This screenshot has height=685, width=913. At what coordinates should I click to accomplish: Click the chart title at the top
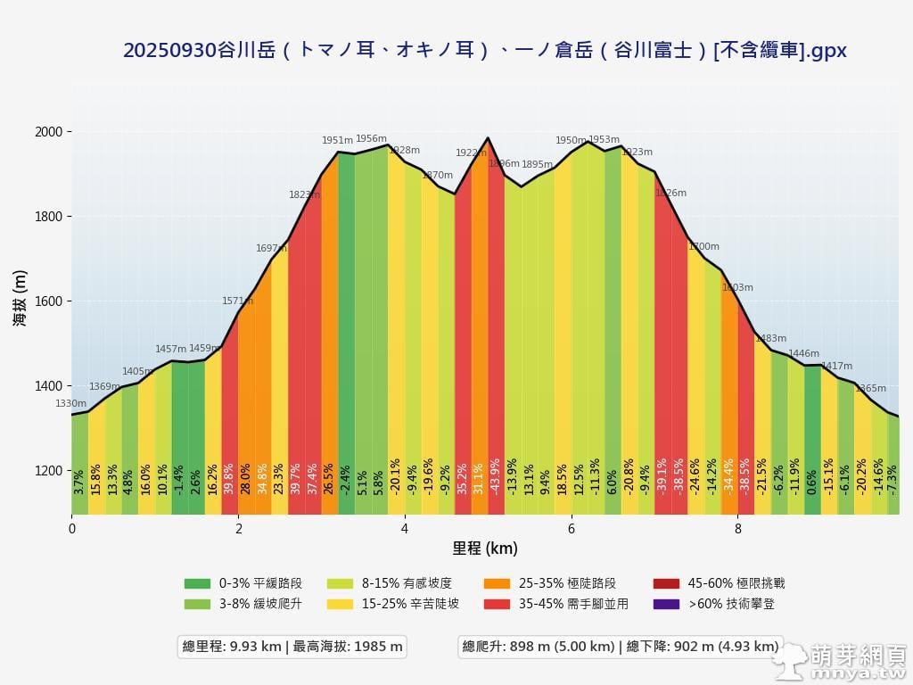coord(485,51)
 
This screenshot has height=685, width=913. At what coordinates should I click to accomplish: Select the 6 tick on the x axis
coord(572,529)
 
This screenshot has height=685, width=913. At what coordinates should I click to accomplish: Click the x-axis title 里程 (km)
coord(485,549)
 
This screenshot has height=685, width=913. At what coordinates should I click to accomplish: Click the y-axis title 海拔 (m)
coord(20,298)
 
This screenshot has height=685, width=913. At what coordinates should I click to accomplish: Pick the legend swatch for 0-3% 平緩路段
coord(197,583)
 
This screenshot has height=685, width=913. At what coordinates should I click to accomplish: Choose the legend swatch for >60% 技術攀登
coord(666,604)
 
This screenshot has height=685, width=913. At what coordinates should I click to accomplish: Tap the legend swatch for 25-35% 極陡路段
coord(497,583)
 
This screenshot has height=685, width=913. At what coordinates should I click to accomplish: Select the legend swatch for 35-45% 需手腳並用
coord(497,604)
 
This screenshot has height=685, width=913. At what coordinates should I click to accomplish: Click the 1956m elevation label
coord(371,139)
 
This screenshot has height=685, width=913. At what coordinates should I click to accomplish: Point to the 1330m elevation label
coord(71,404)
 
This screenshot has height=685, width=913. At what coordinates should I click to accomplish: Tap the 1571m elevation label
coord(237,301)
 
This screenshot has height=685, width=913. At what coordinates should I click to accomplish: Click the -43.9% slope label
coord(496,476)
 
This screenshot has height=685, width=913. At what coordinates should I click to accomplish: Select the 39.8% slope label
coord(229,478)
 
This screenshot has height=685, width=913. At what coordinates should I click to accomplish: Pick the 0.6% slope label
coord(811,482)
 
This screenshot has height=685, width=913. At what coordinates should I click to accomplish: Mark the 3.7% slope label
coord(79,482)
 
